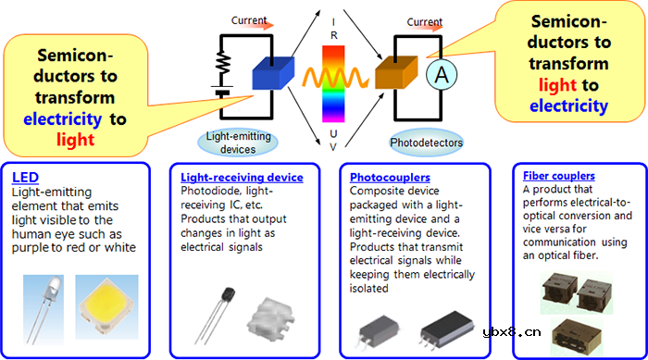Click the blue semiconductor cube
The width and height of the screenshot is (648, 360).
pos(273,73)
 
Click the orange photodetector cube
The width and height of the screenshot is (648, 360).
pos(396,73)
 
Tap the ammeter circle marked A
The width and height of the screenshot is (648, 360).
pos(442,74)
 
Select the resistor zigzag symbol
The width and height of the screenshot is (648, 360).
pos(224,62)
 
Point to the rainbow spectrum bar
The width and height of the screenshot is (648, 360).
pos(333,84)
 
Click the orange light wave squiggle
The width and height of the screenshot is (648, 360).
pos(335,78)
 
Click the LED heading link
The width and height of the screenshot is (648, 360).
pos(25,178)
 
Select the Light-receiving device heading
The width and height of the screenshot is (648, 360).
pos(242,178)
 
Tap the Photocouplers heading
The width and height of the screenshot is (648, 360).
pos(390,178)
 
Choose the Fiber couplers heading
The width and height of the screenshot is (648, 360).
pos(559,176)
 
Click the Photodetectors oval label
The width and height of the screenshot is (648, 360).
pos(426,143)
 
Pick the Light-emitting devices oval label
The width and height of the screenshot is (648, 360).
pos(238,143)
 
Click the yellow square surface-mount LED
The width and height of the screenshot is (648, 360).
pos(106,306)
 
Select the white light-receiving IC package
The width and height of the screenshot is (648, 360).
pos(270,319)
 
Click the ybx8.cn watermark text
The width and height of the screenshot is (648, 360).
pos(512,331)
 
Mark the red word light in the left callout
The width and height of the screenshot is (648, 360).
pos(76,140)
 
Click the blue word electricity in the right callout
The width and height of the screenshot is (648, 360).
pos(568,106)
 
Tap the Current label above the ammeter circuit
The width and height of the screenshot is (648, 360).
pos(424,22)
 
